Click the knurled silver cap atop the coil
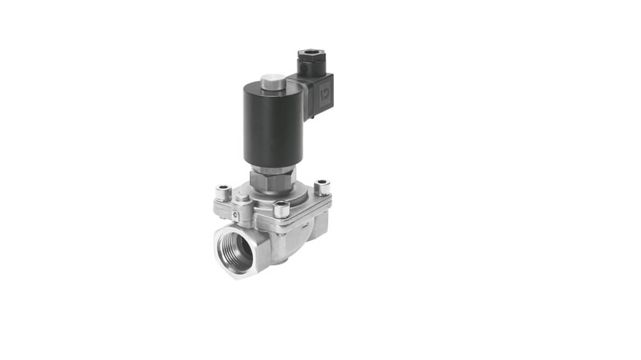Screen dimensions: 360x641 [273, 82]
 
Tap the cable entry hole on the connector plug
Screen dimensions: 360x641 [311, 57]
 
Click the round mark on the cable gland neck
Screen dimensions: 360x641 [304, 69]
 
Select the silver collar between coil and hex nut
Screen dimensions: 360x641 [273, 170]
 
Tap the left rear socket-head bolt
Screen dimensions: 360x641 [223, 192]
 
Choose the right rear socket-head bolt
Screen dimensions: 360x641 [322, 187]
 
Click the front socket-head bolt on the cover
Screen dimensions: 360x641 [281, 209]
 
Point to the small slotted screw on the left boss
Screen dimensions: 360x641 [236, 216]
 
